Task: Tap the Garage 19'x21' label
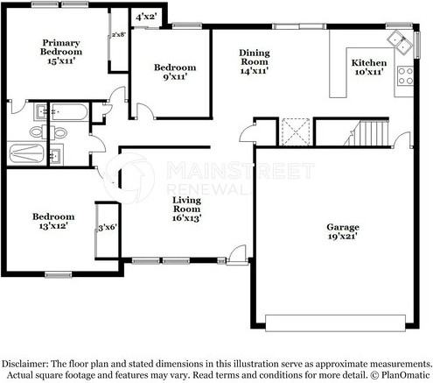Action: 343,231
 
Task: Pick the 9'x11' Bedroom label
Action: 175,72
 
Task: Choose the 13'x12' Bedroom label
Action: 53,221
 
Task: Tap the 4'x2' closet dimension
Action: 146,17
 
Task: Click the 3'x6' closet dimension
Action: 108,227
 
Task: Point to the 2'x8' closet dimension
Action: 119,34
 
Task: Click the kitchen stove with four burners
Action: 405,76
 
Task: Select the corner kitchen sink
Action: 400,41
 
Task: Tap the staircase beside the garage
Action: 367,133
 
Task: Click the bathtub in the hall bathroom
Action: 69,111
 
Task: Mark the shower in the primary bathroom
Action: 27,153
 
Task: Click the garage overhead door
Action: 336,323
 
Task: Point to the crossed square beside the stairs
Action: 295,131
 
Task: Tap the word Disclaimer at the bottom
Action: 24,364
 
